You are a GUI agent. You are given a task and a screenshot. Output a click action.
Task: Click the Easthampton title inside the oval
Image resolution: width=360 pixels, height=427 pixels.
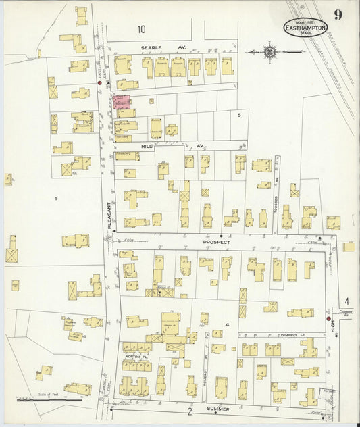305,28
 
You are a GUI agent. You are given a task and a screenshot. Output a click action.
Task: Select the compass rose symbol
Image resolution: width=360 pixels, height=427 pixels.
269,51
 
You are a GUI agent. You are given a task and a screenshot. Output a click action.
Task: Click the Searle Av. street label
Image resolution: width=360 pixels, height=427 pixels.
153,48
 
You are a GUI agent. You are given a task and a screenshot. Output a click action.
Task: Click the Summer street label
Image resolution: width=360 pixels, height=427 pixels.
218,409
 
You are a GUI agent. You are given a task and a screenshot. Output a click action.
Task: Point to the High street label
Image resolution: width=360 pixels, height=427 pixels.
333,326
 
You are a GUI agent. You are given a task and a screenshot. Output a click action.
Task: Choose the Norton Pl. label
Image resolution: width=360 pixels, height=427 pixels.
134,356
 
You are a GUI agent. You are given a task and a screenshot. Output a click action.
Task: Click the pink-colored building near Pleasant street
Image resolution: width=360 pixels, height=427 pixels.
122,101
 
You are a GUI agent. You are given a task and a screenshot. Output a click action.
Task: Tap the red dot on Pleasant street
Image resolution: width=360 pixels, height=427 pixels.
100,83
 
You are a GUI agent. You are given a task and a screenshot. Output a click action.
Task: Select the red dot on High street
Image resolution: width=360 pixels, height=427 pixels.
328,319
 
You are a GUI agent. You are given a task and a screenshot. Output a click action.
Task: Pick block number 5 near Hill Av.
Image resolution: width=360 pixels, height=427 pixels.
239,115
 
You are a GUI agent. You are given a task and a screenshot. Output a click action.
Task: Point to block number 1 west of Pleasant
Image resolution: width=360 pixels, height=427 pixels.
56,198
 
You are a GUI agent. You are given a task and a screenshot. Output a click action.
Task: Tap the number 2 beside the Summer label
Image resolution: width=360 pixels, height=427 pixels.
190,411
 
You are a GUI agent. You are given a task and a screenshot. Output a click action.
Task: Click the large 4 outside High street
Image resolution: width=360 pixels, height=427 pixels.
347,302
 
